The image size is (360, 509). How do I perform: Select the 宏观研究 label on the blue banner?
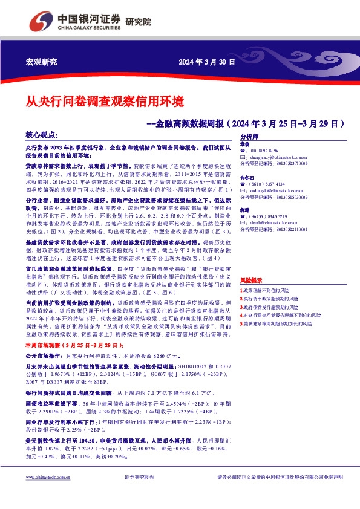pos(42,62)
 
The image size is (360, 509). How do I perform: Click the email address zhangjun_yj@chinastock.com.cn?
pos(278,157)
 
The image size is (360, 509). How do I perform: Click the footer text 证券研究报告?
pos(140,494)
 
